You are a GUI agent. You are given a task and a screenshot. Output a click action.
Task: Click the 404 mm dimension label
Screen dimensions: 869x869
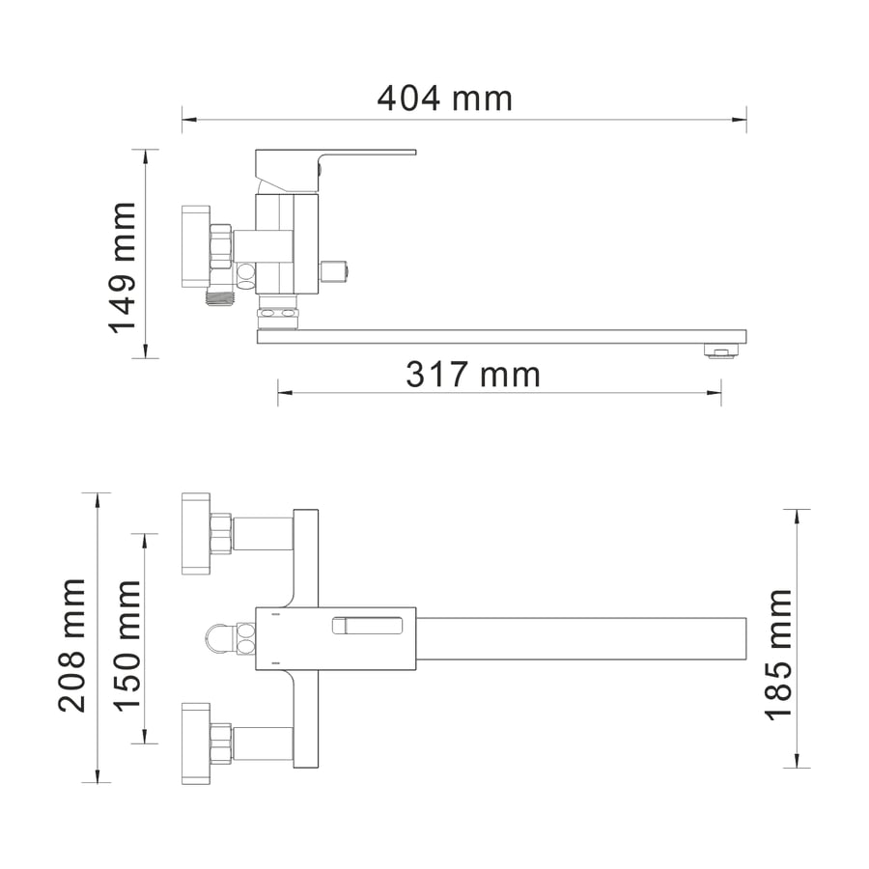click(x=444, y=98)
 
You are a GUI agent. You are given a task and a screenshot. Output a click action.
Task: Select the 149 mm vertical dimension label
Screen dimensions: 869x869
click(x=122, y=267)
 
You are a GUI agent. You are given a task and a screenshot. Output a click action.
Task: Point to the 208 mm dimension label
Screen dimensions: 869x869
click(x=72, y=645)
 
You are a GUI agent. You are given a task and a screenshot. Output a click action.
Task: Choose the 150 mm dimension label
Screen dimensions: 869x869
click(x=126, y=645)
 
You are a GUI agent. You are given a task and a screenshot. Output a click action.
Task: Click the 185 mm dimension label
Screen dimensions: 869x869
click(x=778, y=655)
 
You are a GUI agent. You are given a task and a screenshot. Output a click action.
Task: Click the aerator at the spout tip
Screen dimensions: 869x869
click(x=721, y=351)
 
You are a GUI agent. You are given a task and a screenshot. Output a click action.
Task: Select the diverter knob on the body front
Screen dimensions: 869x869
click(x=334, y=271)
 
